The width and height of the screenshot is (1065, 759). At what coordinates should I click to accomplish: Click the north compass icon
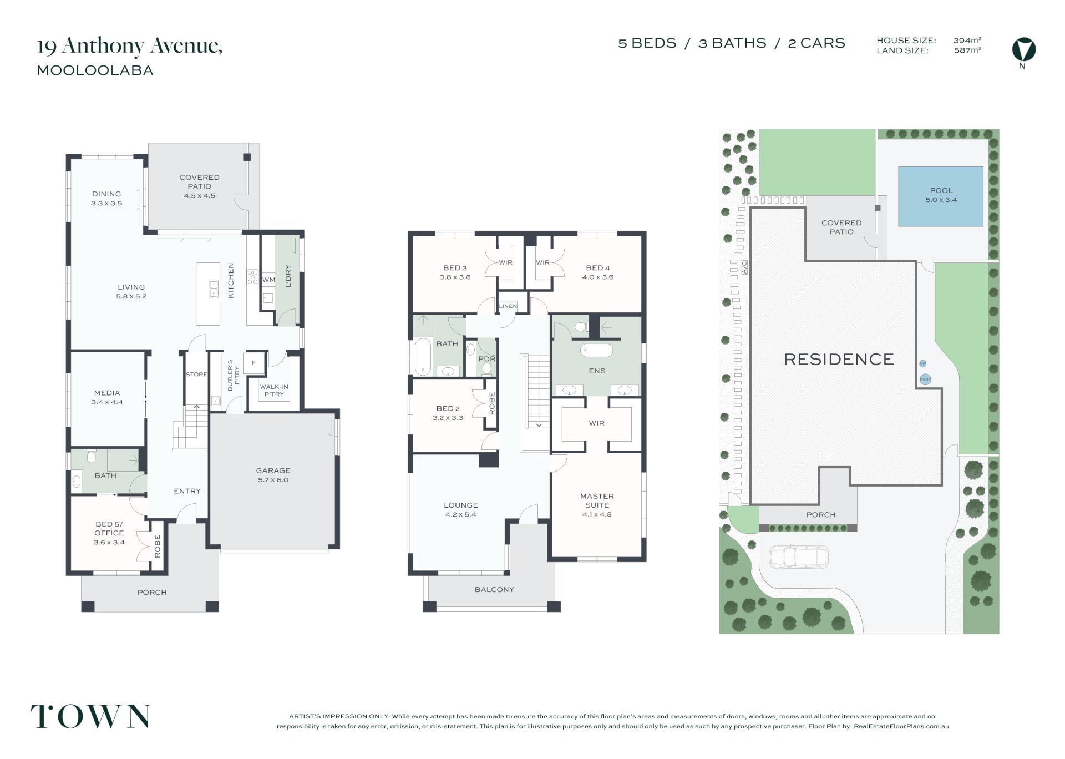[x=1023, y=49]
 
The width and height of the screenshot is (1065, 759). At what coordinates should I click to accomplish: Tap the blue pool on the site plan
[x=941, y=196]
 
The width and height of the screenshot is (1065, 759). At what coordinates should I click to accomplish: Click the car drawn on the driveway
[x=799, y=557]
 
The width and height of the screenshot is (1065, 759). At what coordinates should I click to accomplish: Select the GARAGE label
[x=273, y=470]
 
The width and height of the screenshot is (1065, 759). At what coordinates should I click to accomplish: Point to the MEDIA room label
[x=107, y=393]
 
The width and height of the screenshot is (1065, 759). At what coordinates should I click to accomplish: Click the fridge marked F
[x=254, y=363]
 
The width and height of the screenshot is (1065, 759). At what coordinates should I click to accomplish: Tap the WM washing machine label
[x=268, y=280]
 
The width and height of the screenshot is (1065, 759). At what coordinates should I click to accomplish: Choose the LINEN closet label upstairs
[x=508, y=306]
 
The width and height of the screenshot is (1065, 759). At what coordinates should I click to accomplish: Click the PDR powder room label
[x=486, y=359]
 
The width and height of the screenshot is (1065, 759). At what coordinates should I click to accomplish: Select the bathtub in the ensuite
[x=596, y=350]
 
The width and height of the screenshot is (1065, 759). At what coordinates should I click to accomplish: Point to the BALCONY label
[x=494, y=589]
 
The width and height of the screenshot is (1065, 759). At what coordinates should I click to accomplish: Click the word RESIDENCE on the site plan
[x=839, y=360]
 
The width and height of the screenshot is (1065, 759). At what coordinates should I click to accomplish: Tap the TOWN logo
[x=90, y=716]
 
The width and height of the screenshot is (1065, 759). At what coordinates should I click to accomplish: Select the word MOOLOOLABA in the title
[x=95, y=70]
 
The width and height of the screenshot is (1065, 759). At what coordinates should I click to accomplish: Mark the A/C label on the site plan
[x=744, y=267]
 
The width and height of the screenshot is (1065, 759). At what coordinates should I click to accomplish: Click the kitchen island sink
[x=214, y=289]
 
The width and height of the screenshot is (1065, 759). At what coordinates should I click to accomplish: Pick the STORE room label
[x=196, y=375]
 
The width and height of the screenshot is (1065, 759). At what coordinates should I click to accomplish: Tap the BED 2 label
[x=448, y=408]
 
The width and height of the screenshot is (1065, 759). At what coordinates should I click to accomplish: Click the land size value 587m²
[x=967, y=50]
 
